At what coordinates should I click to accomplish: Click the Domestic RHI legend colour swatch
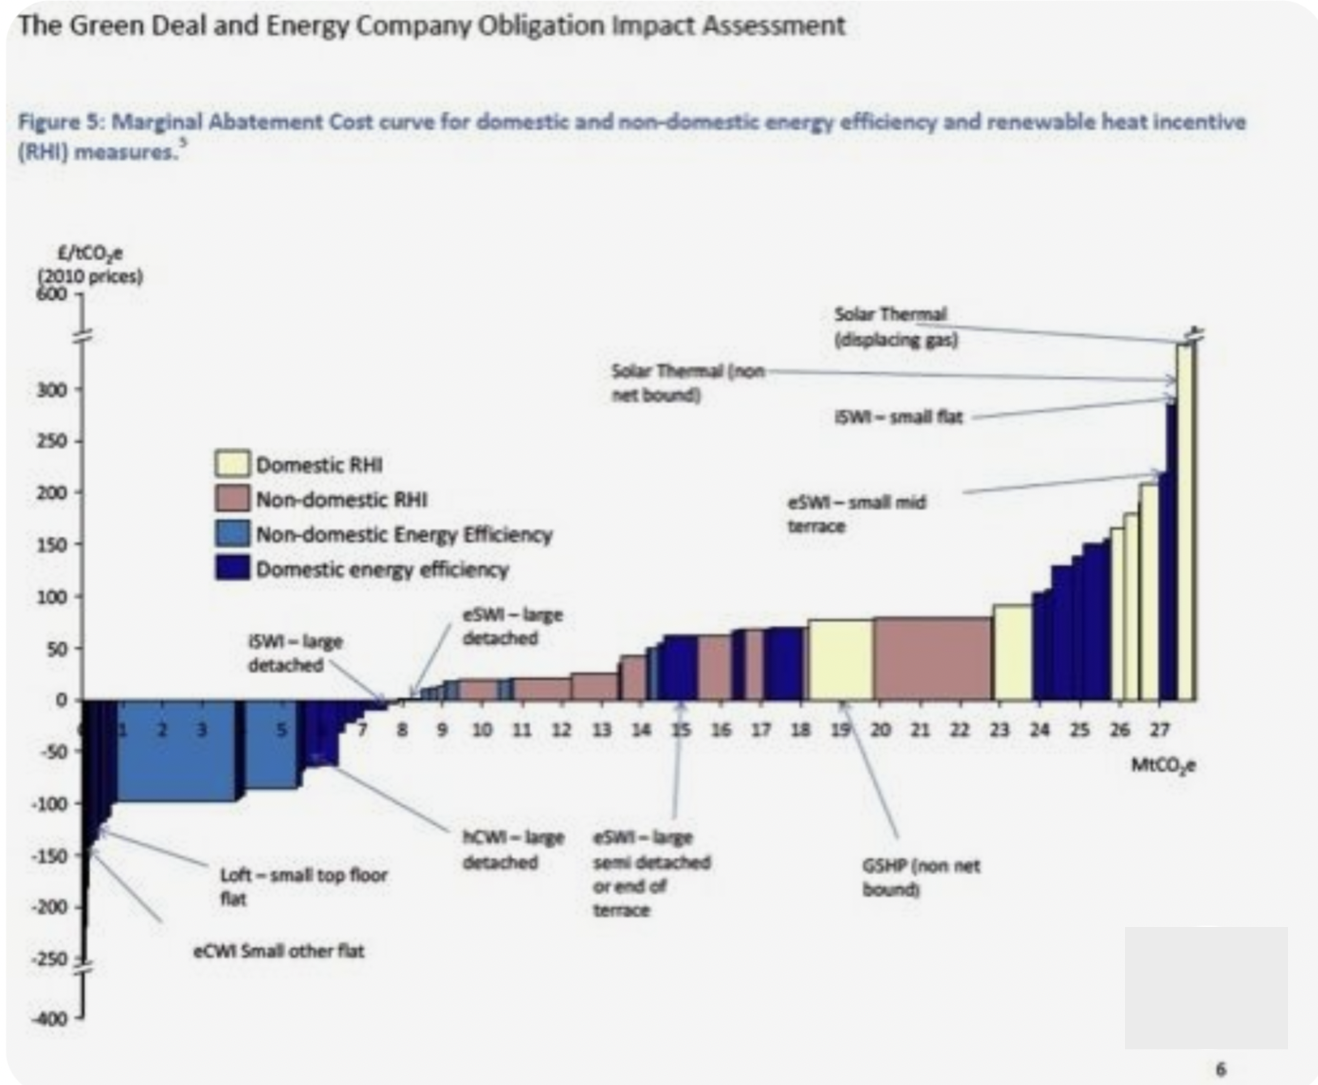[232, 464]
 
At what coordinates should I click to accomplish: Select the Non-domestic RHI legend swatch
[232, 499]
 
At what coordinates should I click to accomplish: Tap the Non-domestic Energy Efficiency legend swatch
[232, 534]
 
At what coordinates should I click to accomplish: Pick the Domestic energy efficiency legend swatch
[232, 568]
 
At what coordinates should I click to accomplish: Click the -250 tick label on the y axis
[49, 958]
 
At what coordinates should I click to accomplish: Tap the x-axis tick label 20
[880, 730]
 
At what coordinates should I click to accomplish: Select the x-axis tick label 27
[1159, 730]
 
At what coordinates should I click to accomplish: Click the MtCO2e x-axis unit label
[1162, 765]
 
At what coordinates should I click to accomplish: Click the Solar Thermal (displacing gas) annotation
[895, 327]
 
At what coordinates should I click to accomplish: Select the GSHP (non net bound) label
[920, 877]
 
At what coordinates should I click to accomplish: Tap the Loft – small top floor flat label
[303, 886]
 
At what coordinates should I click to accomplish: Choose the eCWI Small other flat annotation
[278, 950]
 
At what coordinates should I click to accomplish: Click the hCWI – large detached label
[512, 849]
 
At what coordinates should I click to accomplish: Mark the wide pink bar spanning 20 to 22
[932, 658]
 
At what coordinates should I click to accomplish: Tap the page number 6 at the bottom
[1221, 1070]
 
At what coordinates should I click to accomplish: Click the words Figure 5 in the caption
[62, 122]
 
